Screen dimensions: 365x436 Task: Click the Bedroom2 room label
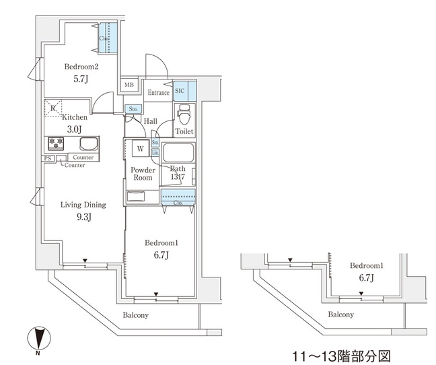(82, 67)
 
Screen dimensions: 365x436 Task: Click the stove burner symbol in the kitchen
(54, 143)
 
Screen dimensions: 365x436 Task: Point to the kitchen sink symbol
(87, 143)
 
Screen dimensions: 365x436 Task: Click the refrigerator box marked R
(52, 107)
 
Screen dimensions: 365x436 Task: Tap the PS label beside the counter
(48, 158)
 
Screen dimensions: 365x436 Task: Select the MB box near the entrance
(129, 86)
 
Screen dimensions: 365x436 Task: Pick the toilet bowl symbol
(184, 114)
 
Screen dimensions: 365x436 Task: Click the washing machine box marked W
(141, 148)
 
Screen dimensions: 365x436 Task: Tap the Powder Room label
(143, 174)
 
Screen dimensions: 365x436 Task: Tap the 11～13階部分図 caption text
(341, 354)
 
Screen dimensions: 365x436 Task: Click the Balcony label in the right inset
(341, 314)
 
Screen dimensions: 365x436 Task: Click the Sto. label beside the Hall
(133, 108)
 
